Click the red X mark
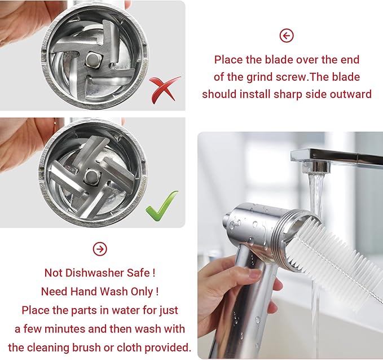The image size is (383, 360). (x=165, y=88)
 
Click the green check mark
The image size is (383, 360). (x=162, y=206)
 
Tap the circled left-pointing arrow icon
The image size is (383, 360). (x=287, y=36)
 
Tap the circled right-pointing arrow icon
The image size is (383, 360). (x=99, y=249)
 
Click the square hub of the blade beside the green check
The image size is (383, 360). (x=90, y=177)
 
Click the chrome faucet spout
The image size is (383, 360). (x=333, y=159)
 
